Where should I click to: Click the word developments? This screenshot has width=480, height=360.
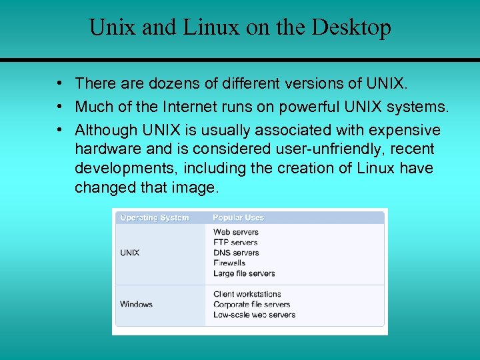[x=125, y=168]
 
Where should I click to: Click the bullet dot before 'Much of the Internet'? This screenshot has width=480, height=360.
[x=60, y=106]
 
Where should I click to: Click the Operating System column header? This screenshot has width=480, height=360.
[x=155, y=217]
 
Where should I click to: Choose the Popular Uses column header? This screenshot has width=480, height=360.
[x=239, y=217]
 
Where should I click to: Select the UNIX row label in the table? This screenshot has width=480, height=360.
[x=130, y=253]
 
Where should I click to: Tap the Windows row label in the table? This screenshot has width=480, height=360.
[x=137, y=304]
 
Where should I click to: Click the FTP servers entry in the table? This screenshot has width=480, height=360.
[x=235, y=243]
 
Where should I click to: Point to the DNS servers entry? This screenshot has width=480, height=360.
[x=236, y=253]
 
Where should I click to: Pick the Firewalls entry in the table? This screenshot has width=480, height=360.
[x=229, y=263]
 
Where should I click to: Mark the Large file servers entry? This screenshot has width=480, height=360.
[x=244, y=273]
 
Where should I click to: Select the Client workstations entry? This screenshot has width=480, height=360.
[x=247, y=294]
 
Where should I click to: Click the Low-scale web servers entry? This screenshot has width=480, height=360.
[x=254, y=315]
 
